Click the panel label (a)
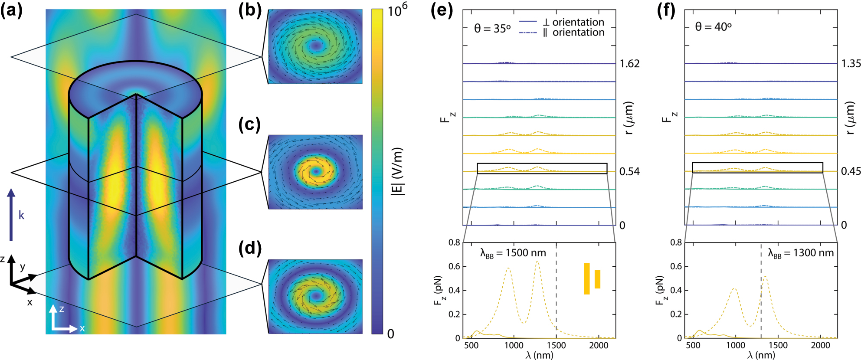[12, 10]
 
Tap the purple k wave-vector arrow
[11, 214]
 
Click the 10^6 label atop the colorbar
[397, 10]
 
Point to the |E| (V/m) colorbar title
[397, 171]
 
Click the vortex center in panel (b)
[316, 45]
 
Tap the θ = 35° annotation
[492, 29]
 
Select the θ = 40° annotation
[713, 27]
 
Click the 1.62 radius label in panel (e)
[629, 64]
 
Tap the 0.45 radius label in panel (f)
[851, 171]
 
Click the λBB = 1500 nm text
[513, 253]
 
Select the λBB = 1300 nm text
[801, 253]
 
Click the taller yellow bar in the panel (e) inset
[586, 278]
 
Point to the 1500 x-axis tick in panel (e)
[556, 345]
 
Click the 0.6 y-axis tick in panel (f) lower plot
[676, 266]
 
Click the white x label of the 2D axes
[82, 328]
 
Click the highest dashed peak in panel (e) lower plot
[537, 262]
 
